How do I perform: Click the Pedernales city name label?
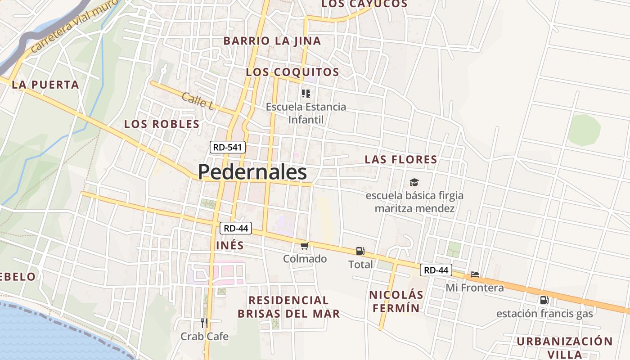pyautogui.click(x=252, y=172)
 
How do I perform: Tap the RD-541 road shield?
pyautogui.click(x=228, y=147)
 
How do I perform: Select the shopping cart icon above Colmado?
pyautogui.click(x=305, y=246)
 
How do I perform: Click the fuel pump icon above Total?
pyautogui.click(x=360, y=251)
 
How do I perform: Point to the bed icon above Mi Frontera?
pyautogui.click(x=474, y=274)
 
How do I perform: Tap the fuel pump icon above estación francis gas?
pyautogui.click(x=544, y=300)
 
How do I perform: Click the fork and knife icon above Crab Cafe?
pyautogui.click(x=204, y=323)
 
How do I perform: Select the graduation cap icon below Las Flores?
pyautogui.click(x=414, y=182)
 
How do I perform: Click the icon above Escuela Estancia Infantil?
pyautogui.click(x=306, y=94)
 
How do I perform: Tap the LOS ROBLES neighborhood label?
pyautogui.click(x=162, y=124)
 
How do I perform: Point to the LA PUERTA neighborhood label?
pyautogui.click(x=45, y=85)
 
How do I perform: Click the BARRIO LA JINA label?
pyautogui.click(x=272, y=41)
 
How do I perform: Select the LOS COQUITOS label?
pyautogui.click(x=292, y=72)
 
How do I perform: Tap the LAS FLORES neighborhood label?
pyautogui.click(x=400, y=159)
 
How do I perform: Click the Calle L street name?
pyautogui.click(x=197, y=101)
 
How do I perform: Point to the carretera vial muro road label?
pyautogui.click(x=74, y=25)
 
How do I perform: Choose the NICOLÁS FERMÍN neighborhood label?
pyautogui.click(x=396, y=301)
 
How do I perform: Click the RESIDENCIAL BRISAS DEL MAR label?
pyautogui.click(x=288, y=307)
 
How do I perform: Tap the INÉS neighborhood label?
pyautogui.click(x=229, y=245)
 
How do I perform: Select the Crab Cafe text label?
pyautogui.click(x=204, y=336)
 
